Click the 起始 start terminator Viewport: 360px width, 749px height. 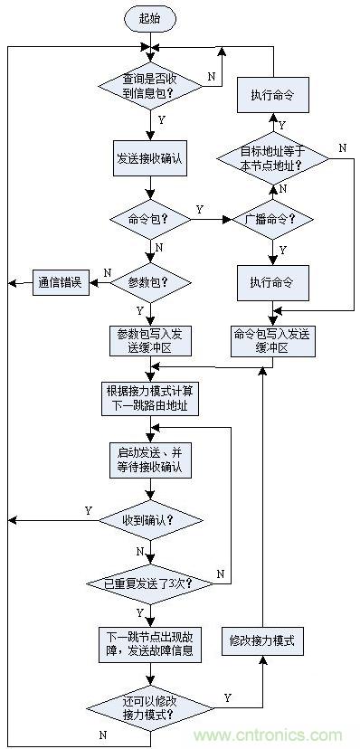point(149,17)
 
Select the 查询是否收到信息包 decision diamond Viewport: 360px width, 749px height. point(149,87)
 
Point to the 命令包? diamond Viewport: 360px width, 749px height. point(149,219)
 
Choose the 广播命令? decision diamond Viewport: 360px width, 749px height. point(272,219)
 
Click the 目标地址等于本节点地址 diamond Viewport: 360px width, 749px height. point(272,159)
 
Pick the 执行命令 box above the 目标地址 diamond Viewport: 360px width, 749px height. point(272,95)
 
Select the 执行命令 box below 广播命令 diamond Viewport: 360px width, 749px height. point(272,282)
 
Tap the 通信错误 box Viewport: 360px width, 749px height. point(60,282)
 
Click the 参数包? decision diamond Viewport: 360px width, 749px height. point(149,282)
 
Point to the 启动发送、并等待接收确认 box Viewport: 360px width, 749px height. point(149,460)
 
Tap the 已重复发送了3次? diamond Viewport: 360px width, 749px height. point(149,583)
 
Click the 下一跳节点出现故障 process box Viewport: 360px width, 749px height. point(149,642)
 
